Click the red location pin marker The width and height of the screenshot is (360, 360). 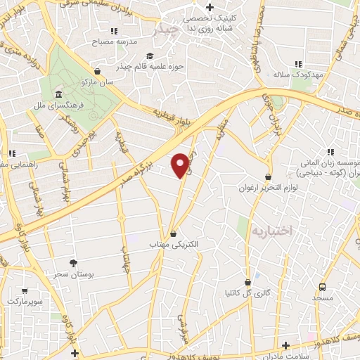pyautogui.click(x=181, y=165)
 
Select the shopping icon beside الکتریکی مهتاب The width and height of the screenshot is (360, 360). pyautogui.click(x=173, y=233)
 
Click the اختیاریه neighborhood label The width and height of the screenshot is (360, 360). pyautogui.click(x=271, y=230)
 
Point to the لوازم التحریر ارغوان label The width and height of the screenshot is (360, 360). pyautogui.click(x=266, y=188)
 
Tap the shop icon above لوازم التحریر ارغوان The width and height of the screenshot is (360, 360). pyautogui.click(x=268, y=176)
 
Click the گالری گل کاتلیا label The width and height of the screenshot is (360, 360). pyautogui.click(x=262, y=292)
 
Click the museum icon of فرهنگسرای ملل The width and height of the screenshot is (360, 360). pyautogui.click(x=57, y=94)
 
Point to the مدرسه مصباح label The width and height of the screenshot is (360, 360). pyautogui.click(x=115, y=41)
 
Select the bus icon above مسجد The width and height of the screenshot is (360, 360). pyautogui.click(x=323, y=287)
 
